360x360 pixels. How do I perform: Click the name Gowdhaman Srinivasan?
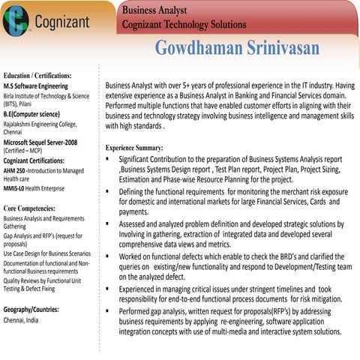237,49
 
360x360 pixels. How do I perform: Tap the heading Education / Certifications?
37,76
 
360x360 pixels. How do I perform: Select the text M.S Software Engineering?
36,86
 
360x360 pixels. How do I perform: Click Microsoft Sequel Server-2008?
40,142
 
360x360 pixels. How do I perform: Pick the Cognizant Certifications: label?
37,160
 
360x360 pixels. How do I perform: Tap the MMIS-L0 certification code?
14,188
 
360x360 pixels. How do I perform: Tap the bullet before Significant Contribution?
110,160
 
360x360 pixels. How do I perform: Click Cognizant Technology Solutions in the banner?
184,25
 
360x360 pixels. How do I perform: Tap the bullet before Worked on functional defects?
110,256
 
